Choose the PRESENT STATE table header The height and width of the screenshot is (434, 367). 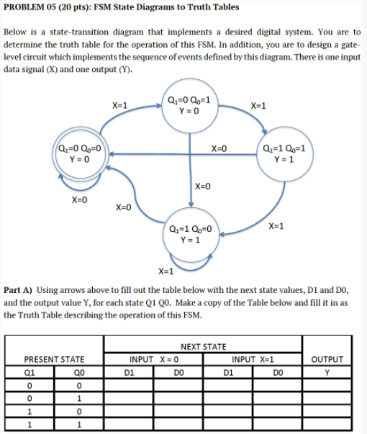[54, 360]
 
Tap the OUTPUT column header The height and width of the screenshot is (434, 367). [329, 360]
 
